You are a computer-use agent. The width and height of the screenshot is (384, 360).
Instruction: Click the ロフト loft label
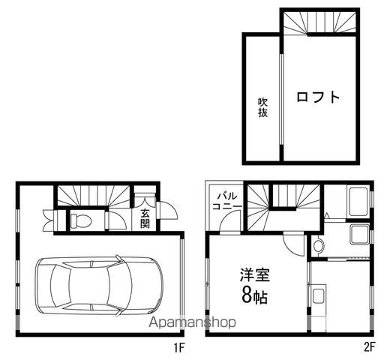coord(318,97)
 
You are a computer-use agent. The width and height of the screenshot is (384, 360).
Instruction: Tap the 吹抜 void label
coord(262,107)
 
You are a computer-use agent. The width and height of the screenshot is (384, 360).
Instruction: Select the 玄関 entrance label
coord(145,218)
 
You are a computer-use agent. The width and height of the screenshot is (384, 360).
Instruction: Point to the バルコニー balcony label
coord(227,201)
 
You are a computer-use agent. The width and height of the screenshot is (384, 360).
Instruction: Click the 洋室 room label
coord(255,274)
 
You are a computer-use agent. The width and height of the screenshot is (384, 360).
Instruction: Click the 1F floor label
coord(179,348)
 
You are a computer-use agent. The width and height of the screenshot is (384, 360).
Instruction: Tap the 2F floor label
coord(369,347)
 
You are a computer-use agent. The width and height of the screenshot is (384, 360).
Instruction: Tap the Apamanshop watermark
coord(192,322)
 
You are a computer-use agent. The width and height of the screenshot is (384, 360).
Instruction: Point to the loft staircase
coord(319,22)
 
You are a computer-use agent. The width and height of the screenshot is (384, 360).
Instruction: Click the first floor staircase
coord(94,196)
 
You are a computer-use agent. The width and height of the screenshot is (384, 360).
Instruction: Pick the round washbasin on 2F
coord(318,246)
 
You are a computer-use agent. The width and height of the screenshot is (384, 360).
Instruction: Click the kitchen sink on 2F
coord(318,295)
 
